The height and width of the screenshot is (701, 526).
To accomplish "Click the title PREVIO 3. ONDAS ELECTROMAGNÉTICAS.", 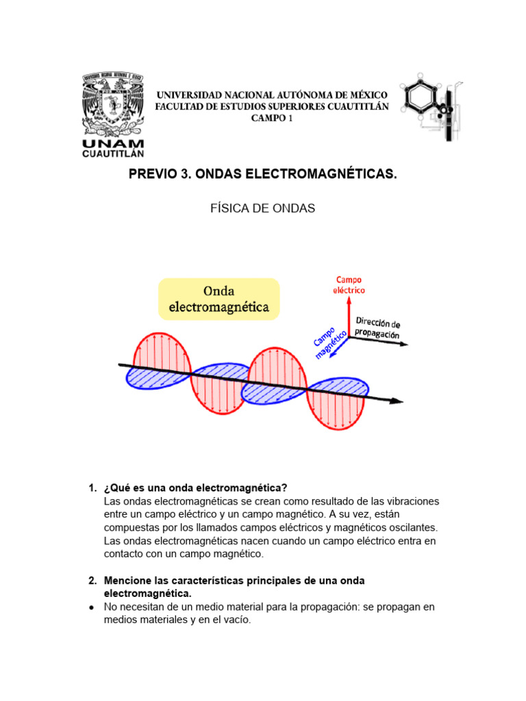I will (x=263, y=175).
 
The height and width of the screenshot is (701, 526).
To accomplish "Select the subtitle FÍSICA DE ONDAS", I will (x=263, y=209).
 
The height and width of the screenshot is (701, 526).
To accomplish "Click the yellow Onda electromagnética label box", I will (x=219, y=299).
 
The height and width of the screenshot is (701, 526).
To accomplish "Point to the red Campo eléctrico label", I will (x=350, y=285).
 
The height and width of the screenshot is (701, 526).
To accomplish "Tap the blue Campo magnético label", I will (x=329, y=341).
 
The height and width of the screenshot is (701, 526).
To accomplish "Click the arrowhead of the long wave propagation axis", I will (x=399, y=402).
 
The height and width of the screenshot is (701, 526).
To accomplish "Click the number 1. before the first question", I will (x=92, y=488).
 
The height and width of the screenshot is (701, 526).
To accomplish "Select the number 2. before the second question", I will (x=92, y=581).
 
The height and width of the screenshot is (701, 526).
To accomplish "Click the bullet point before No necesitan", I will (x=92, y=607).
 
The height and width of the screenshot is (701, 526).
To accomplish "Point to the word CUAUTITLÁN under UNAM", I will (x=113, y=154).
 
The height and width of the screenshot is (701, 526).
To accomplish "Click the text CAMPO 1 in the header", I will (x=272, y=118).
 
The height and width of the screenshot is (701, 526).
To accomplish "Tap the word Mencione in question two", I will (x=127, y=581).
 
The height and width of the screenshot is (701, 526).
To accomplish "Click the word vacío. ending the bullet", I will (x=236, y=620).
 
